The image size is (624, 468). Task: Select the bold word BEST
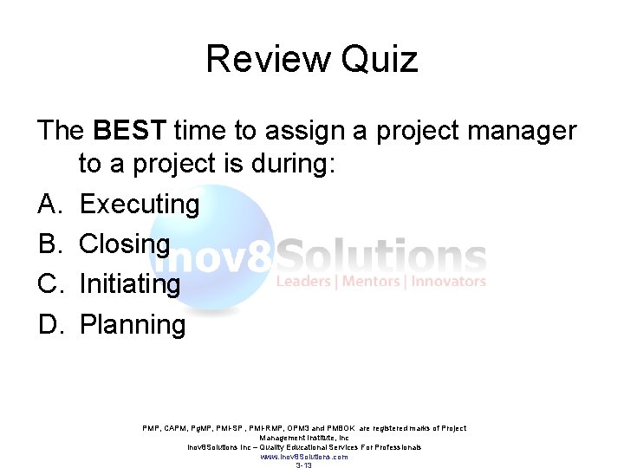pyautogui.click(x=129, y=130)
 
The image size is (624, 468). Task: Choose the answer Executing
pyautogui.click(x=139, y=205)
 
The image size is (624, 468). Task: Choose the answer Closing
pyautogui.click(x=124, y=244)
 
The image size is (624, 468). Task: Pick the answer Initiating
pyautogui.click(x=129, y=284)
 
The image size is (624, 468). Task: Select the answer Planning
pyautogui.click(x=132, y=325)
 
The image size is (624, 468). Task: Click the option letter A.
pyautogui.click(x=48, y=205)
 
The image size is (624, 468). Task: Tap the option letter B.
pyautogui.click(x=48, y=244)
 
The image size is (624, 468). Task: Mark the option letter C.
pyautogui.click(x=48, y=284)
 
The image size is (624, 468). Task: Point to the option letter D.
pyautogui.click(x=48, y=325)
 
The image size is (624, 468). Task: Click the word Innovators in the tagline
pyautogui.click(x=448, y=282)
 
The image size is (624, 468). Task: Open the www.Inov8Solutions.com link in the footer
pyautogui.click(x=304, y=457)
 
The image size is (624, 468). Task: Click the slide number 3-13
pyautogui.click(x=303, y=465)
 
